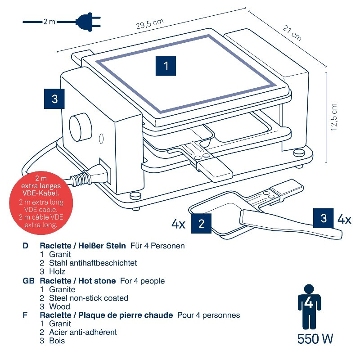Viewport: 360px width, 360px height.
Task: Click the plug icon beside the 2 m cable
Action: coord(87,21)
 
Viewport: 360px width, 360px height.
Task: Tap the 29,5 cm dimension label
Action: coord(149,25)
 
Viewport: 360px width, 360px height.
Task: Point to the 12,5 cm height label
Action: coord(333,118)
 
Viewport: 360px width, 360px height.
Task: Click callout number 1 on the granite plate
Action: coord(166,66)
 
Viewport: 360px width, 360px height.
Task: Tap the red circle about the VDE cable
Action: coord(41,200)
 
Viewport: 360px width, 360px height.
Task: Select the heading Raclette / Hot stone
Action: coord(78,281)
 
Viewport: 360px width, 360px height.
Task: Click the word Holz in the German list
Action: coord(58,271)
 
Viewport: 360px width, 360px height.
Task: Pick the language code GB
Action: coord(28,281)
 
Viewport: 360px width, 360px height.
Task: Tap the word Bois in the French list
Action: coord(57,341)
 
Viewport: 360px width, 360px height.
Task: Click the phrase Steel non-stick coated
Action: coord(89,298)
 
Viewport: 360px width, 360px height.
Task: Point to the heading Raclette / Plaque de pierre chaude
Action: coord(106,315)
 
